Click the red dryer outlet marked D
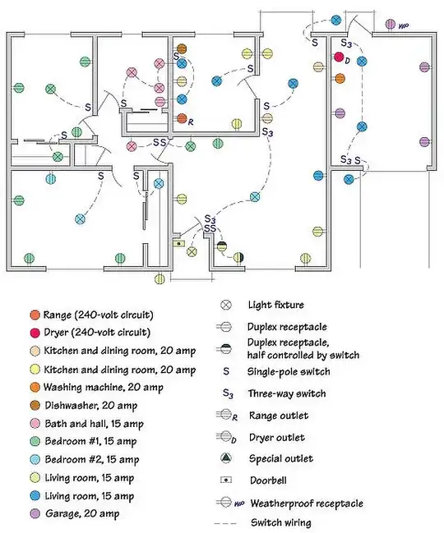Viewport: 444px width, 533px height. pyautogui.click(x=339, y=57)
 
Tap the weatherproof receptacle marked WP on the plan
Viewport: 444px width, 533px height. pyautogui.click(x=391, y=24)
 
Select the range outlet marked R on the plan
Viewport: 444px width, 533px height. pyautogui.click(x=182, y=118)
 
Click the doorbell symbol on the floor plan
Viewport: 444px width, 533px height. pyautogui.click(x=178, y=243)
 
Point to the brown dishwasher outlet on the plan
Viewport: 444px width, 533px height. pyautogui.click(x=182, y=48)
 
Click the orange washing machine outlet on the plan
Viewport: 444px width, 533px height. pyautogui.click(x=340, y=79)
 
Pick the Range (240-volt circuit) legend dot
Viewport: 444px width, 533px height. pyautogui.click(x=35, y=315)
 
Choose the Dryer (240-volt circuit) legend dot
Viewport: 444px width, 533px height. pyautogui.click(x=35, y=333)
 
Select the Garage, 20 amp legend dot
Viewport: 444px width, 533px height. pyautogui.click(x=35, y=513)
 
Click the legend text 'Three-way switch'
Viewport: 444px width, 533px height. pyautogui.click(x=287, y=393)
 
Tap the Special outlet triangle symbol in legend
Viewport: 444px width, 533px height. pyautogui.click(x=226, y=458)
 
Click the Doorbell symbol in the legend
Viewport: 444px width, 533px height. pyautogui.click(x=226, y=480)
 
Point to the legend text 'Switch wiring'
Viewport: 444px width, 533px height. pyautogui.click(x=281, y=522)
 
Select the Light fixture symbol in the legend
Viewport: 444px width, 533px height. pyautogui.click(x=226, y=305)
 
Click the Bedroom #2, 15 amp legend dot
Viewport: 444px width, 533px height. pyautogui.click(x=35, y=460)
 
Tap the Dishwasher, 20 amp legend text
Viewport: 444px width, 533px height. pyautogui.click(x=91, y=406)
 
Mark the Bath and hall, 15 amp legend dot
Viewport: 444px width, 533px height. pyautogui.click(x=35, y=424)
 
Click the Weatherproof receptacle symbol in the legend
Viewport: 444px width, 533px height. pyautogui.click(x=226, y=502)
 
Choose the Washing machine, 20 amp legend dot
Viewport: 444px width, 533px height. pyautogui.click(x=35, y=387)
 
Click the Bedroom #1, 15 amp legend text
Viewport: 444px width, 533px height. pyautogui.click(x=90, y=442)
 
